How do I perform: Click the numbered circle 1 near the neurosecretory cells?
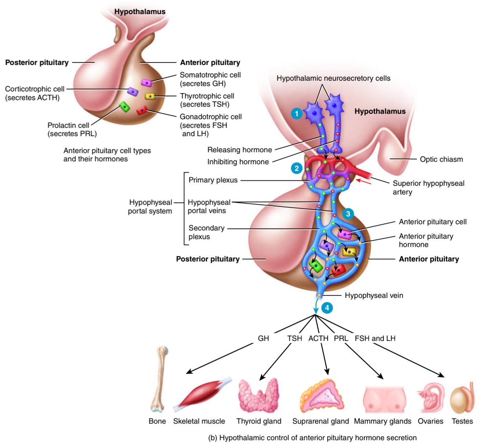click(296, 113)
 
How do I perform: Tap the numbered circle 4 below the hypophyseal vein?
click(326, 308)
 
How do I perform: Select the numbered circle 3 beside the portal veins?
click(348, 213)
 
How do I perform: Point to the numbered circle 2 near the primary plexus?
click(296, 168)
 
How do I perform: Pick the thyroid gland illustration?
click(259, 395)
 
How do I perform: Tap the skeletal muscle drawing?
click(202, 394)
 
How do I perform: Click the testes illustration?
click(461, 399)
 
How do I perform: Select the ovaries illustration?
click(431, 398)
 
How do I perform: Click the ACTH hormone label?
click(318, 338)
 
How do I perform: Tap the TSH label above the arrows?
click(295, 338)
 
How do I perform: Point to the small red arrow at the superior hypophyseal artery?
click(364, 181)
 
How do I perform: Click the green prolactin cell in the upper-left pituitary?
click(124, 108)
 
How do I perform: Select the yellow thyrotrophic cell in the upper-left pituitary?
click(150, 96)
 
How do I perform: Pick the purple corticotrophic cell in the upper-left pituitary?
click(132, 91)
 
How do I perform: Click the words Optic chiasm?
click(441, 159)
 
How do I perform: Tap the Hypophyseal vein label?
click(374, 295)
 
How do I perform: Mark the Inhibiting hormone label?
click(238, 162)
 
